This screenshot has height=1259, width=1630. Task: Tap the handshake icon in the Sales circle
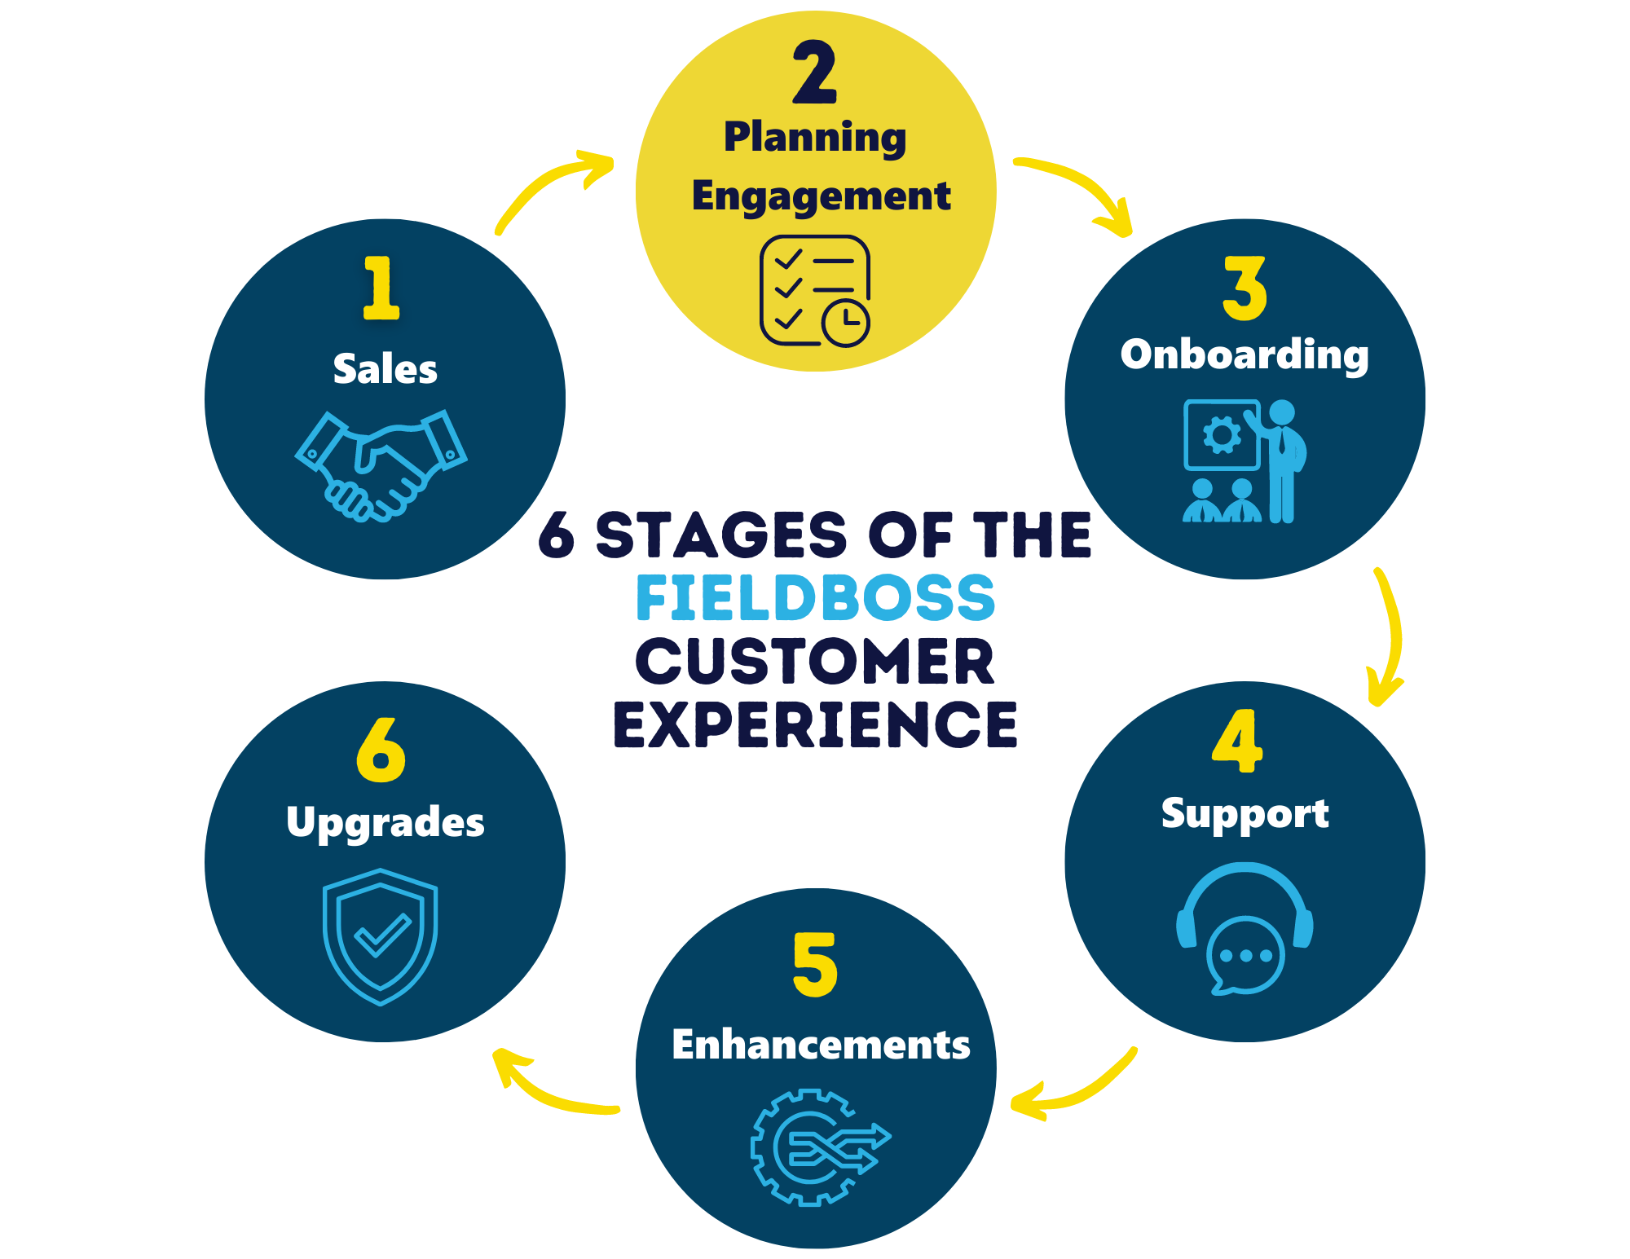[x=381, y=465]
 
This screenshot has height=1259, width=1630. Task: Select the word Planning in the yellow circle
[x=815, y=138]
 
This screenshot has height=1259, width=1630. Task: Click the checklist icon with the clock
[x=815, y=291]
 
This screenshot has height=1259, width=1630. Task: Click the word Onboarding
[x=1245, y=355]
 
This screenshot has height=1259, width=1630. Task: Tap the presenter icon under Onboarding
[x=1245, y=460]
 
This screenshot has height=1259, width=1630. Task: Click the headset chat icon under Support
[x=1245, y=929]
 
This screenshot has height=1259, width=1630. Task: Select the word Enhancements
[x=821, y=1045]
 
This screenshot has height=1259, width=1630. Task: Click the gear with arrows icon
[x=820, y=1147]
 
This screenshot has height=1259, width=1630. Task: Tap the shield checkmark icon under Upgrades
[x=381, y=937]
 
